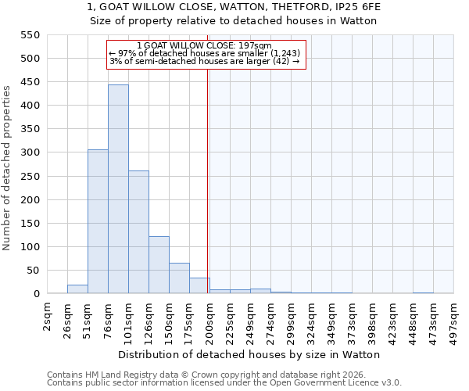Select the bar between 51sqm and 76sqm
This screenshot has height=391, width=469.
[98, 221]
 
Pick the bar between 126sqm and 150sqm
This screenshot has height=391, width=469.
[159, 265]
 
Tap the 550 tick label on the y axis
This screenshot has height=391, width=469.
[29, 35]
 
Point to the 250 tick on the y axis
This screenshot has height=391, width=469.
[29, 177]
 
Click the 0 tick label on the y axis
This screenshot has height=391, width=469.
[36, 294]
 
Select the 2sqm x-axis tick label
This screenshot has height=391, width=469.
[48, 317]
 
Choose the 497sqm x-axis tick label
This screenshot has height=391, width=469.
[454, 319]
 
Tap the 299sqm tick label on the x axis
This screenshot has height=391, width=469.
[292, 319]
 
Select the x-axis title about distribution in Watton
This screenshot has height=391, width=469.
[250, 354]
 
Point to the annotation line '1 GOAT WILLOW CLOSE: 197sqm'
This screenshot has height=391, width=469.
[205, 45]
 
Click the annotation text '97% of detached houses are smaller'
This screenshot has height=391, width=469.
[205, 53]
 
